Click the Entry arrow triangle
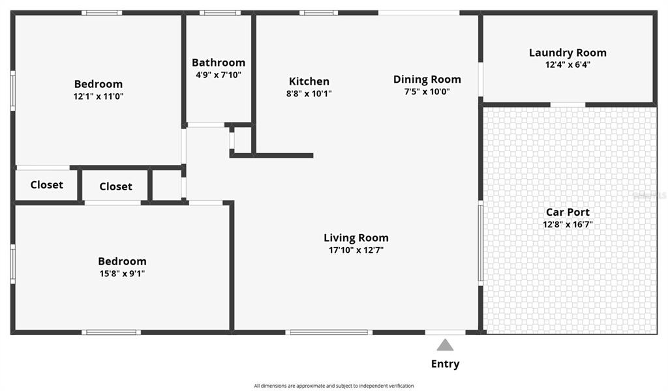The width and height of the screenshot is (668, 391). click(445, 345)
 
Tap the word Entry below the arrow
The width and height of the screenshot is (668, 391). click(445, 364)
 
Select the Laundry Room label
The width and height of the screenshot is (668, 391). click(568, 53)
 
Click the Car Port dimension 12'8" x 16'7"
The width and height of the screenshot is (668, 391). click(568, 224)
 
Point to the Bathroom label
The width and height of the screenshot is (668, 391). click(219, 63)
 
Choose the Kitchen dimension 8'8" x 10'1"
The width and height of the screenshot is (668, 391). click(309, 93)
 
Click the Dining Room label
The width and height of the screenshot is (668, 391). click(427, 80)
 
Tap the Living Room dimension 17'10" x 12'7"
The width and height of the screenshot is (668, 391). click(356, 250)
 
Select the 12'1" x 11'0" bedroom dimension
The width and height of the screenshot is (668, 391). click(99, 96)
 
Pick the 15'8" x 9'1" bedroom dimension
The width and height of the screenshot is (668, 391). click(122, 274)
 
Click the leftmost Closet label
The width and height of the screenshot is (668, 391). click(46, 184)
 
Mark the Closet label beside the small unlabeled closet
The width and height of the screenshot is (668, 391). click(115, 186)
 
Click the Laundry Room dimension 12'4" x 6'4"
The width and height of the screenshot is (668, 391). click(568, 65)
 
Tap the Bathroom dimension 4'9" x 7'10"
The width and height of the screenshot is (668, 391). click(219, 75)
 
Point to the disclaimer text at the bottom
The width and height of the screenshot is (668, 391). click(334, 386)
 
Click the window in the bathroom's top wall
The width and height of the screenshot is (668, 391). click(220, 13)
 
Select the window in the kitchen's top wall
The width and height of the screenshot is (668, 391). click(318, 13)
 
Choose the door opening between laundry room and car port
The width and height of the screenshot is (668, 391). click(568, 105)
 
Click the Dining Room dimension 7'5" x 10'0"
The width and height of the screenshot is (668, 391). click(427, 91)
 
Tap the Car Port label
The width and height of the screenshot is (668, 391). click(568, 212)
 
